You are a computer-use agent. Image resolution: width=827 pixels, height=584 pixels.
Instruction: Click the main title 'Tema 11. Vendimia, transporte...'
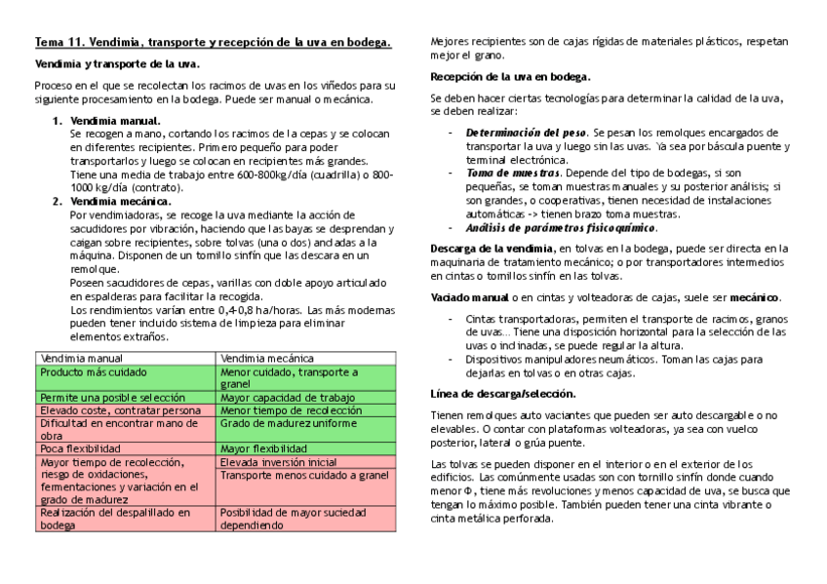click(x=214, y=42)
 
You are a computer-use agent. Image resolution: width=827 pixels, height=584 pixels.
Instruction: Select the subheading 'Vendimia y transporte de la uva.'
click(x=117, y=63)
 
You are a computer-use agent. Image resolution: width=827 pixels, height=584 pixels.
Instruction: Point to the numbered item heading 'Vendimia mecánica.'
click(x=120, y=201)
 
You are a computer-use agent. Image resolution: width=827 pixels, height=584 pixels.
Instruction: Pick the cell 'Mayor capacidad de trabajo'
click(x=287, y=398)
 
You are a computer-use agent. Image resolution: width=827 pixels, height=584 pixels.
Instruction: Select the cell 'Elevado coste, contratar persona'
click(x=120, y=410)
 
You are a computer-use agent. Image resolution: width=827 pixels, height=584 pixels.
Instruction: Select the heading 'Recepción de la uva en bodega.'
click(x=510, y=75)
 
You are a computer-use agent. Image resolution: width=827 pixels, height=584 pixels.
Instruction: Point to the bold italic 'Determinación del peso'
click(x=526, y=132)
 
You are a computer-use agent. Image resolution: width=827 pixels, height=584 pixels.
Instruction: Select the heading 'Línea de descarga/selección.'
click(x=502, y=394)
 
